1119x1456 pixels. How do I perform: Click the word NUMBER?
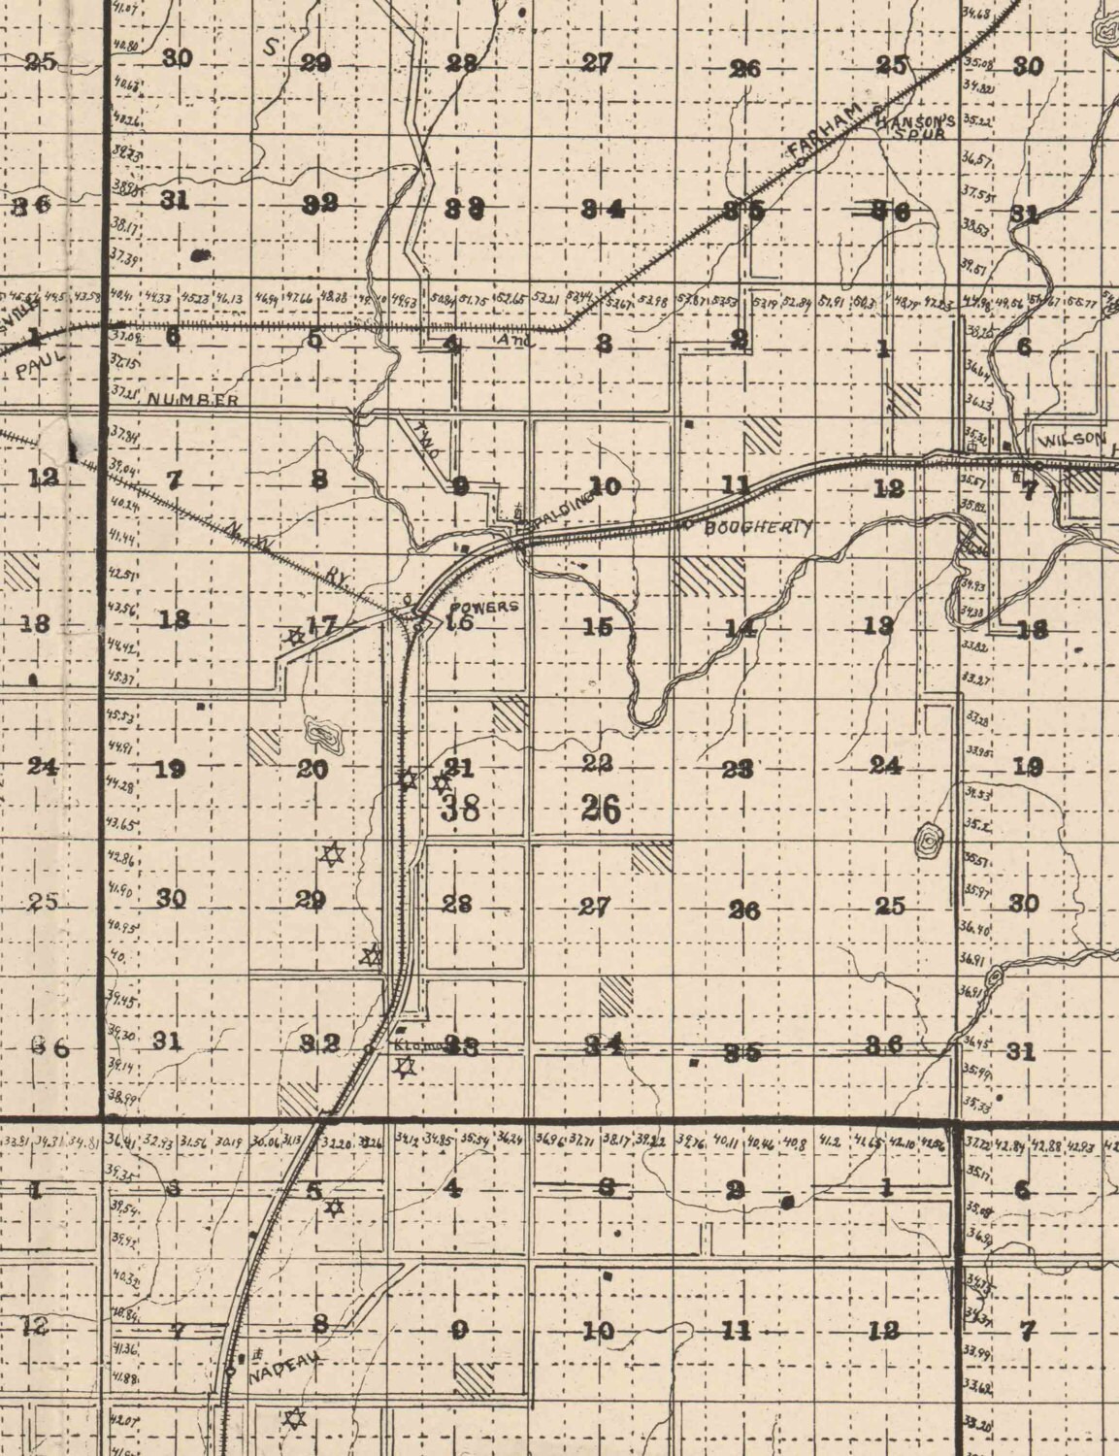coord(193,399)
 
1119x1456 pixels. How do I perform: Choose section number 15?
coord(599,627)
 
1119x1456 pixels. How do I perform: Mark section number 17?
coord(321,626)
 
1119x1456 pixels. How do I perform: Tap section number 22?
coord(597,764)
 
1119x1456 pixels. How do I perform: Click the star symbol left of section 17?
coord(295,638)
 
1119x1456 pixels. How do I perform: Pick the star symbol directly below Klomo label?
coord(405,1068)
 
